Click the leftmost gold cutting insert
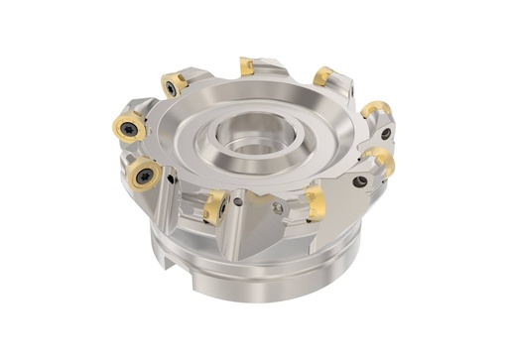point(126,126)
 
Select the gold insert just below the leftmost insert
point(145,175)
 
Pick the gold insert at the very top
point(246,66)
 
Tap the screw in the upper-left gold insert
point(173,86)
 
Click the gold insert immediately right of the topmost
point(323,76)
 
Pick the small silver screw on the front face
point(279,208)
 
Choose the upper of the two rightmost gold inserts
point(375,109)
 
